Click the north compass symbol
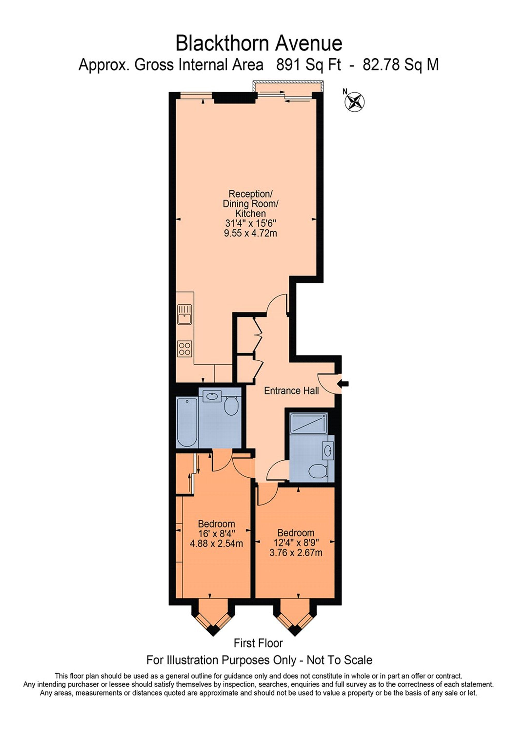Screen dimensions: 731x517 click(355, 102)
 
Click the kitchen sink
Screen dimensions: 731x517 click(184, 314)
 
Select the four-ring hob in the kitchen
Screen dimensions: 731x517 click(184, 349)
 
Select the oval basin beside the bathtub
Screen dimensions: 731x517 click(212, 396)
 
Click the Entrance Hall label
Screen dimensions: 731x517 click(291, 391)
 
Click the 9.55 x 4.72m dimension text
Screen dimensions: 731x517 click(250, 233)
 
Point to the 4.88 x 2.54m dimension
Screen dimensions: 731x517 click(216, 543)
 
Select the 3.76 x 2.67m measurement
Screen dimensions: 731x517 click(296, 553)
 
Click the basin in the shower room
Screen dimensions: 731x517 click(328, 450)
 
